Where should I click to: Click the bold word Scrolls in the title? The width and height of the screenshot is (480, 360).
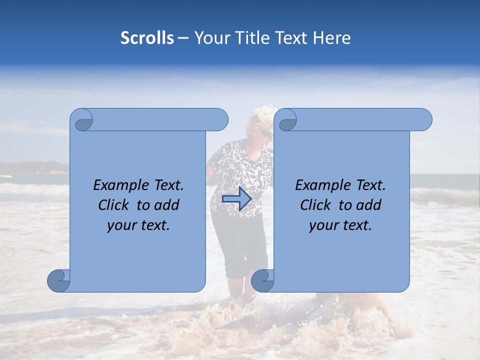pyautogui.click(x=147, y=38)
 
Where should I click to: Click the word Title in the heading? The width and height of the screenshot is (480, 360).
pyautogui.click(x=244, y=38)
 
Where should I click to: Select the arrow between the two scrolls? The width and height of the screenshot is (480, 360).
pyautogui.click(x=237, y=199)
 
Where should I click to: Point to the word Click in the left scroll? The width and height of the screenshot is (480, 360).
pyautogui.click(x=115, y=205)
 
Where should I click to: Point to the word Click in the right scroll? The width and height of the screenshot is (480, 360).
pyautogui.click(x=317, y=205)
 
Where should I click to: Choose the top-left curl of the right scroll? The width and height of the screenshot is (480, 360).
pyautogui.click(x=287, y=120)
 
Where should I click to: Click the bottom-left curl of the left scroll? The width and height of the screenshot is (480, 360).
pyautogui.click(x=58, y=280)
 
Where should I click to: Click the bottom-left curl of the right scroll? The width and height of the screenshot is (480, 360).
pyautogui.click(x=262, y=280)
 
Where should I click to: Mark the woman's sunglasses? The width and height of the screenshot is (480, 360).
pyautogui.click(x=266, y=134)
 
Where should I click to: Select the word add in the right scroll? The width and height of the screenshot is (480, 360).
pyautogui.click(x=369, y=205)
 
